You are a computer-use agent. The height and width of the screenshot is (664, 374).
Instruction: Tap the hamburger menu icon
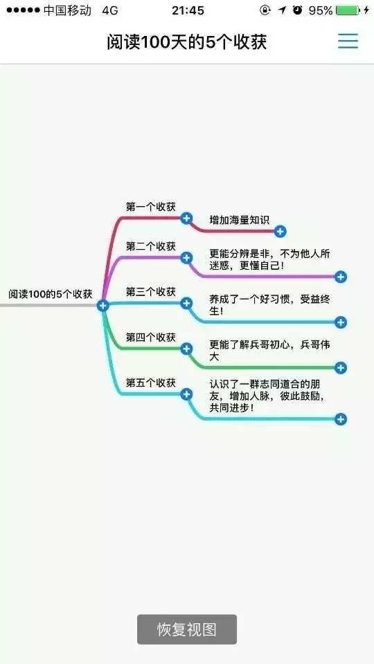[x=348, y=41]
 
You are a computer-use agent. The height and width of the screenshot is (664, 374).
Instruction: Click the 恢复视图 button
[x=186, y=629]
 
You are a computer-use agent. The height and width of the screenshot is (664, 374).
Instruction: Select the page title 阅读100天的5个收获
[x=186, y=42]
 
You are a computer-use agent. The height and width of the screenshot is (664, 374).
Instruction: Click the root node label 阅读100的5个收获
[x=51, y=294]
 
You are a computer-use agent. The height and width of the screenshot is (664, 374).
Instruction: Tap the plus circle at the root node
[x=103, y=305]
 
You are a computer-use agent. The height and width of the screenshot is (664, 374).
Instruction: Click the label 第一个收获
[x=150, y=207]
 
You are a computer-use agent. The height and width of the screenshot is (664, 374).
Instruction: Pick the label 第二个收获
[x=150, y=246]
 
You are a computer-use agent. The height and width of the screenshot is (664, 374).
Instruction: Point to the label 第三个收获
[x=150, y=291]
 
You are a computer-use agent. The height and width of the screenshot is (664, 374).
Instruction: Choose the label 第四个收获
[x=150, y=337]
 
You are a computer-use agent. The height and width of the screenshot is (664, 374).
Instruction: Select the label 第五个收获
[x=150, y=382]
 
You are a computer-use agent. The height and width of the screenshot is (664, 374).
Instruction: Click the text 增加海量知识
[x=239, y=220]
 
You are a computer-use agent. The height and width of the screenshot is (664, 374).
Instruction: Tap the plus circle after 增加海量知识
[x=280, y=231]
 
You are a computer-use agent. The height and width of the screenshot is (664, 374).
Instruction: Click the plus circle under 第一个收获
[x=186, y=218]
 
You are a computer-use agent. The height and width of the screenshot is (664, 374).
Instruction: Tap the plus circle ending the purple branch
[x=341, y=277]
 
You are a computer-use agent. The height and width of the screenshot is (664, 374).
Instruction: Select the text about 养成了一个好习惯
[x=269, y=305]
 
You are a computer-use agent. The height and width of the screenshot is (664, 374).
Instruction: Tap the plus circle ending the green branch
[x=341, y=367]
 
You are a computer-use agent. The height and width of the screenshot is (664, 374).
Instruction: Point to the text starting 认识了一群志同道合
[x=267, y=396]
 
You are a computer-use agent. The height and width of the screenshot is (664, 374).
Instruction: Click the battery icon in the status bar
[x=348, y=10]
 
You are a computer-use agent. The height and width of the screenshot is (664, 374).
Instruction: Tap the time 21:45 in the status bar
[x=188, y=10]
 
